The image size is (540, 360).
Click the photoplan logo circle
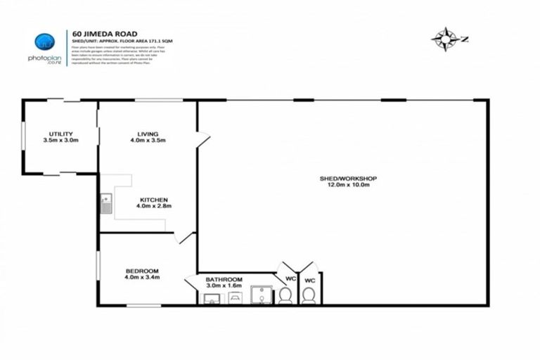44,42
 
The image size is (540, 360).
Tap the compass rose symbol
445,37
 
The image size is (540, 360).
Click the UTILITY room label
60,134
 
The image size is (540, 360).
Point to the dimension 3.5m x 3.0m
60,141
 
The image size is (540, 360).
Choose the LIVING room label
148,134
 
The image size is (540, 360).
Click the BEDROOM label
142,271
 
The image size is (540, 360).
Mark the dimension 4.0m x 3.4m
142,278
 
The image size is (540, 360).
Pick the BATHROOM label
224,279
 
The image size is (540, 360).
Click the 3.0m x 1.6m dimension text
224,286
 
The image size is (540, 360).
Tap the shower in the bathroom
261,296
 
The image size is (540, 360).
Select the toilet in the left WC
285,296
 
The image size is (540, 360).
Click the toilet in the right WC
308,296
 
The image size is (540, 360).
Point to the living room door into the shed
202,139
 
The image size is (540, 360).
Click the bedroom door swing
187,238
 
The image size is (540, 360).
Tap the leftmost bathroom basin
211,299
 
